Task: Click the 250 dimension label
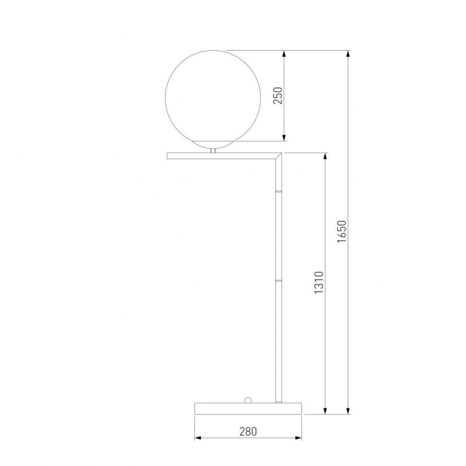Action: click(x=278, y=96)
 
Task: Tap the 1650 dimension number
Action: click(x=342, y=232)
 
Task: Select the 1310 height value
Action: click(x=319, y=282)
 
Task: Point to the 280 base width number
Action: click(x=248, y=431)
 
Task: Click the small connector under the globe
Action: click(x=213, y=151)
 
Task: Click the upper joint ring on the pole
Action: click(x=279, y=191)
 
